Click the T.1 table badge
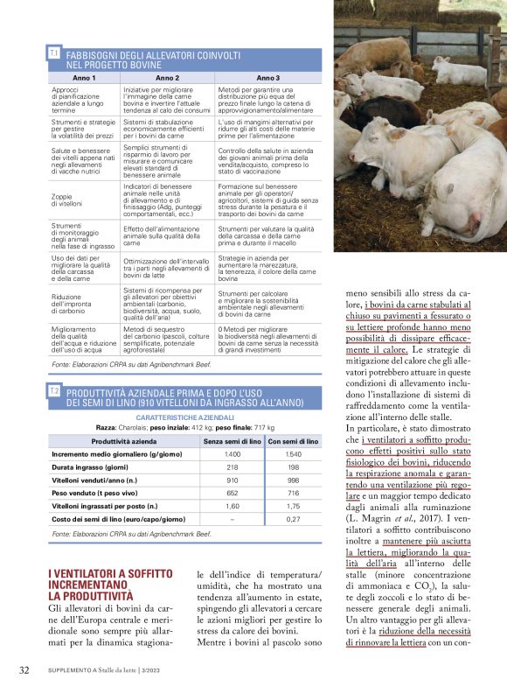54,53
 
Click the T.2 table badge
54,390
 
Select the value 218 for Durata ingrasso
233,468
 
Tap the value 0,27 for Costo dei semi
294,519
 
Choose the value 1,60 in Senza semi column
233,506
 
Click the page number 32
24,670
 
